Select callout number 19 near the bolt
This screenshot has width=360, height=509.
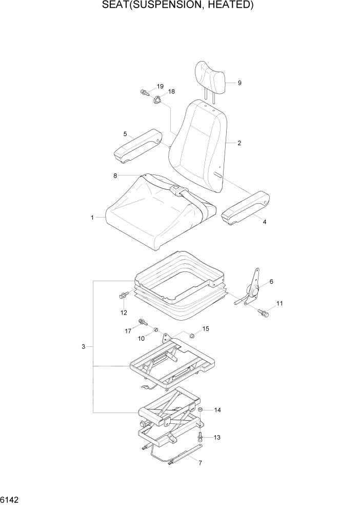pyautogui.click(x=160, y=86)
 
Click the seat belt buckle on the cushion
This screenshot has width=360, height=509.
pyautogui.click(x=176, y=191)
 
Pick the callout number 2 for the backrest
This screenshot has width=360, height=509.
pyautogui.click(x=239, y=143)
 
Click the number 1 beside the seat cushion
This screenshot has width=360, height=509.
pyautogui.click(x=92, y=218)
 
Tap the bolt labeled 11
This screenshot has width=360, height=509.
pyautogui.click(x=263, y=311)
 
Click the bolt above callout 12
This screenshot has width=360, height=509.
pyautogui.click(x=123, y=296)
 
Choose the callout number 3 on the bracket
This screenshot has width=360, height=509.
pyautogui.click(x=83, y=347)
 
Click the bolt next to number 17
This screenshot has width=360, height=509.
pyautogui.click(x=142, y=323)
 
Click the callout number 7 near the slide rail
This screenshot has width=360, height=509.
pyautogui.click(x=200, y=463)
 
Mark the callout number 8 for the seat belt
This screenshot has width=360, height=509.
pyautogui.click(x=115, y=175)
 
